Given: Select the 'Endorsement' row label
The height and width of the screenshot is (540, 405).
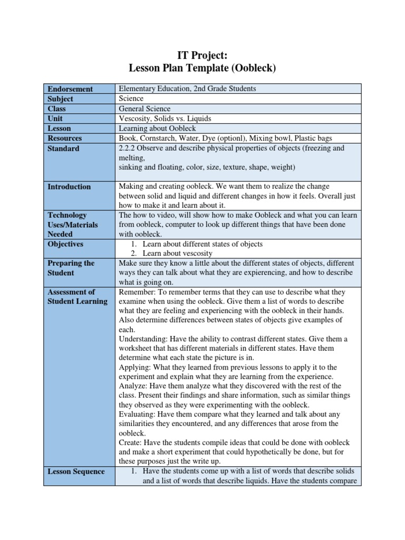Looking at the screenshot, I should tap(70, 89).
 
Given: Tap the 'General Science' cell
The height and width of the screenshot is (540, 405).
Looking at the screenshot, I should tap(145, 109).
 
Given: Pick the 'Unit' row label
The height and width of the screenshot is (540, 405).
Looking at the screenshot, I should tap(56, 119).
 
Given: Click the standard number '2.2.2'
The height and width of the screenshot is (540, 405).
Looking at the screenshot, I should tap(129, 148).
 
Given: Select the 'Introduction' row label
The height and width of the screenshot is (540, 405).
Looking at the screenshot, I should tap(69, 187).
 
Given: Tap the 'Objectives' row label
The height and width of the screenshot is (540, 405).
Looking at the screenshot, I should tap(66, 244).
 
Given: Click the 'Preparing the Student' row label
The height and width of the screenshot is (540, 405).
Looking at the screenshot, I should tap(71, 268).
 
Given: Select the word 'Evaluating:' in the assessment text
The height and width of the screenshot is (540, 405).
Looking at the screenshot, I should tap(139, 414).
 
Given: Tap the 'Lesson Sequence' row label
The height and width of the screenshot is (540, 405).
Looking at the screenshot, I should tap(76, 471).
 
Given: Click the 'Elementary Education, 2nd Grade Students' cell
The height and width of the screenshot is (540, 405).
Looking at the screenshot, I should tap(188, 89).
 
